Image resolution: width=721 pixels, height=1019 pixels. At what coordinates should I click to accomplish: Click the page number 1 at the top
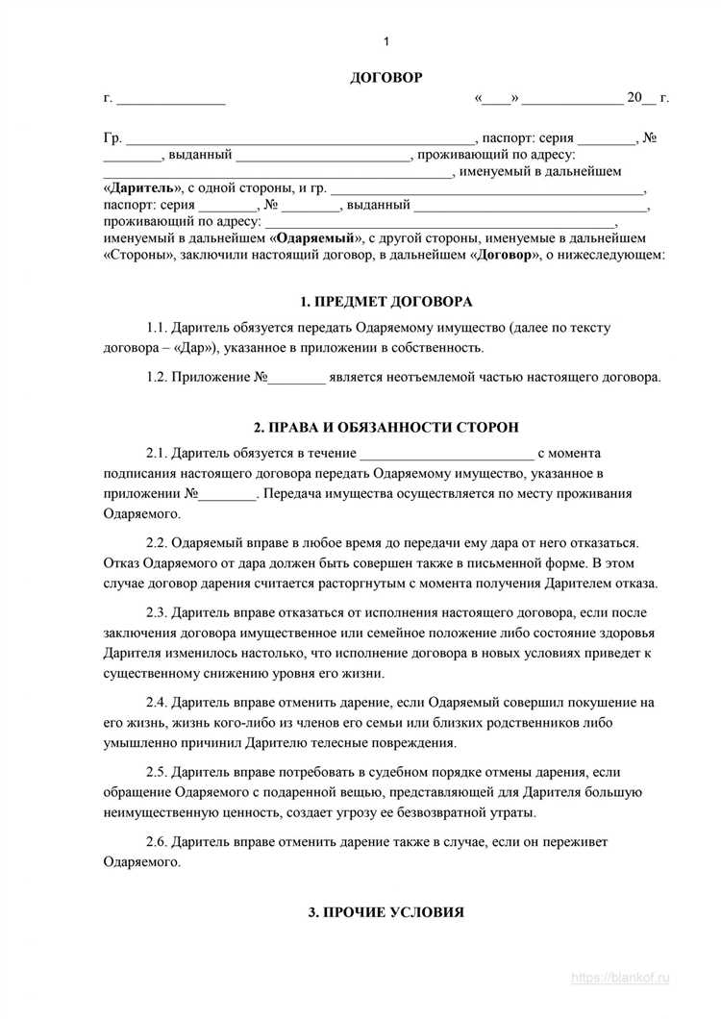[385, 41]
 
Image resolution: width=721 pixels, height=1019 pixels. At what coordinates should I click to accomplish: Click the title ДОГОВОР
[385, 77]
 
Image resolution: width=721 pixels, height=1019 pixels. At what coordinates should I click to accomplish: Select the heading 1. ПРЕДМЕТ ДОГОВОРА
[385, 301]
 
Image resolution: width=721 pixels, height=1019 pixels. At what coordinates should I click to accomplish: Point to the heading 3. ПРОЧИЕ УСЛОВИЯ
[385, 911]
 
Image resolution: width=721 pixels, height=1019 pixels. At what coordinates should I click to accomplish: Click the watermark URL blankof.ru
[634, 977]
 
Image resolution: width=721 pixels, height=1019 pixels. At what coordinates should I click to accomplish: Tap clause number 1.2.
[159, 377]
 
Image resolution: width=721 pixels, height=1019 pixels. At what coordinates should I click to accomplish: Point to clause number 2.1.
[159, 453]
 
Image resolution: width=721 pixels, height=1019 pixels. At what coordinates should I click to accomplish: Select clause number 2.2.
[159, 543]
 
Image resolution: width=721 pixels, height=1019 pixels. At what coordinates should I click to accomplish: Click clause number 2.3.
[159, 611]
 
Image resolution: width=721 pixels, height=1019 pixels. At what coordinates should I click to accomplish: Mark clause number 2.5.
[159, 773]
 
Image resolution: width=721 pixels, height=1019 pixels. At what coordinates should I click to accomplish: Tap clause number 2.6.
[159, 842]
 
